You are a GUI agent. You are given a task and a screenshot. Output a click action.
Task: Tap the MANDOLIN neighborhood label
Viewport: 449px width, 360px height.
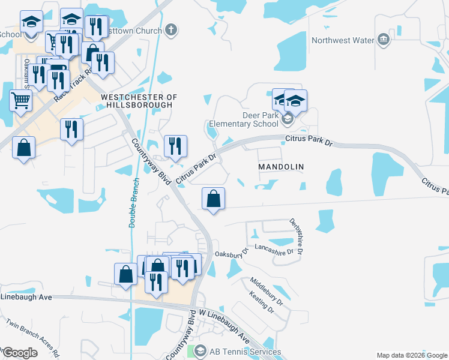(281, 166)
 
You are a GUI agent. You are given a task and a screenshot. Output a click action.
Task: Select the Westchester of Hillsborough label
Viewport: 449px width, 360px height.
(139, 101)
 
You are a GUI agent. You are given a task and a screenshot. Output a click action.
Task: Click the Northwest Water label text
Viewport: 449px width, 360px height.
(342, 41)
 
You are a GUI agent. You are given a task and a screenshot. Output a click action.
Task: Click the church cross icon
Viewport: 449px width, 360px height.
(172, 31)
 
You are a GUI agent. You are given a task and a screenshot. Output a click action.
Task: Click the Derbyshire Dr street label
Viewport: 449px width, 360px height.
(296, 239)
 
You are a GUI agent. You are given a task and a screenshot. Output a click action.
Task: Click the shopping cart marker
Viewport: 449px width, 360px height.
(21, 101)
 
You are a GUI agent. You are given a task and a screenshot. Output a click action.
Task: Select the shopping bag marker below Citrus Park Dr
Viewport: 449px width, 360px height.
(214, 198)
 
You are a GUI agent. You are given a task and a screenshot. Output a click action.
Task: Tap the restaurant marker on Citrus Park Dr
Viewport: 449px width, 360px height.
(175, 146)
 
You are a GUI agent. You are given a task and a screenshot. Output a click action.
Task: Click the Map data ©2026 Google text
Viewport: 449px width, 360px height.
(412, 355)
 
